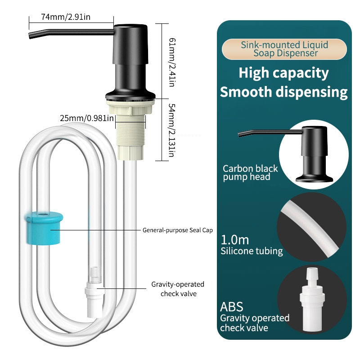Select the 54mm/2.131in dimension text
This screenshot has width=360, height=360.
pyautogui.click(x=171, y=130)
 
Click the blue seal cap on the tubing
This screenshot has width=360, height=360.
pyautogui.click(x=43, y=228)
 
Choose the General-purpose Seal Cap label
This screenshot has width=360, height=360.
pyautogui.click(x=177, y=230)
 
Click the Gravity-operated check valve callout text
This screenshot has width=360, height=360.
pyautogui.click(x=177, y=289)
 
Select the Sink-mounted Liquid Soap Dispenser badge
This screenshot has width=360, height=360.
pyautogui.click(x=285, y=49)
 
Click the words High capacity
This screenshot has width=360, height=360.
pyautogui.click(x=283, y=72)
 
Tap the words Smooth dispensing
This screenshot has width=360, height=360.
pyautogui.click(x=283, y=92)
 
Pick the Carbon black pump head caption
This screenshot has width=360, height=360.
pyautogui.click(x=251, y=173)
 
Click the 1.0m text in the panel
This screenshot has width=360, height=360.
pyautogui.click(x=234, y=240)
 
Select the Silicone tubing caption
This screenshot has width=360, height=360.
pyautogui.click(x=252, y=252)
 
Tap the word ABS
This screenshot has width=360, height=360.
pyautogui.click(x=232, y=307)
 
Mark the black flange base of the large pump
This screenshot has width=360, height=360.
pyautogui.click(x=130, y=95)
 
